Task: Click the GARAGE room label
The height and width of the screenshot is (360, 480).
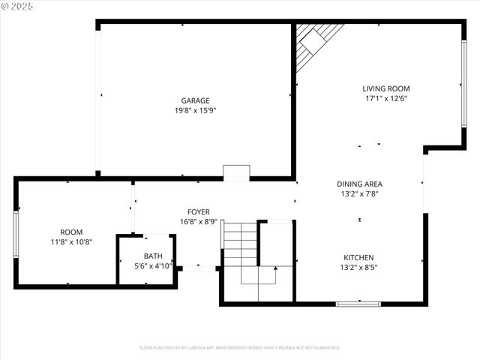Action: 195,100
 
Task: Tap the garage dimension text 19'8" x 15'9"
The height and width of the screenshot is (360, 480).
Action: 195,110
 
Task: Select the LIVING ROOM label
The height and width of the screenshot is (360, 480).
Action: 387,88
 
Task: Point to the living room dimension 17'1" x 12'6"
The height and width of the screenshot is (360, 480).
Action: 387,98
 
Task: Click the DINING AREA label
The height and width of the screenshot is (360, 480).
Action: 360,184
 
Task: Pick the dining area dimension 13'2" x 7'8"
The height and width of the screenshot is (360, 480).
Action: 360,193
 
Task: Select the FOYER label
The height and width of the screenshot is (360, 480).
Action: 199,212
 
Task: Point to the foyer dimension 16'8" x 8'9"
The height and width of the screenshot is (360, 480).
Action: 199,222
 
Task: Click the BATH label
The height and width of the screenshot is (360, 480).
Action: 153,256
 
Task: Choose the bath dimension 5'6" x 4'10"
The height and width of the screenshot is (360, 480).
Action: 153,265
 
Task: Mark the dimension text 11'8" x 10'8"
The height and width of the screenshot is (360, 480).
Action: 71,241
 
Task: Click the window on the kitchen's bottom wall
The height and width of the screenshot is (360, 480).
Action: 358,304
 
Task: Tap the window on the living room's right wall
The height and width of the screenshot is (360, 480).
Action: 463,82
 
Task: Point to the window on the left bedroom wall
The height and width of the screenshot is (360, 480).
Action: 16,235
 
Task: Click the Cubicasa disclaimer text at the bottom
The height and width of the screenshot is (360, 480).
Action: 240,348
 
